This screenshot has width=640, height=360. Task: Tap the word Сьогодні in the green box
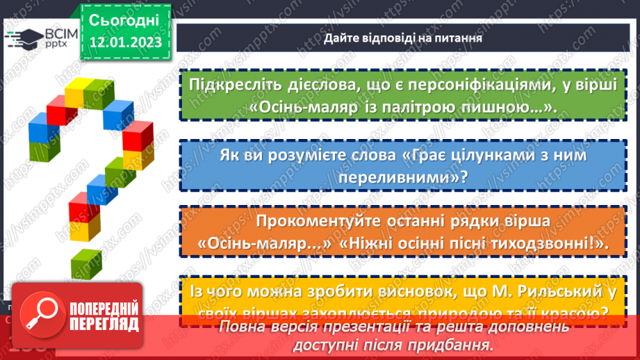point(124,20)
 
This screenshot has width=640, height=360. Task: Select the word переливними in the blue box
point(397,178)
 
